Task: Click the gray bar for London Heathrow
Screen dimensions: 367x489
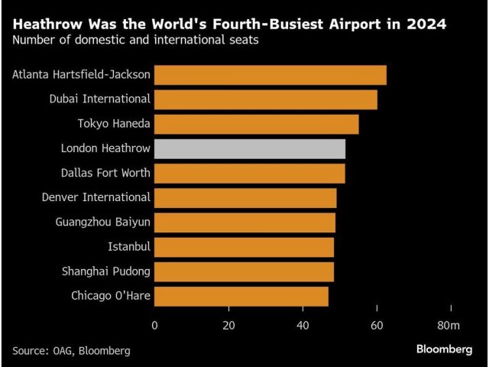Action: [x=250, y=148]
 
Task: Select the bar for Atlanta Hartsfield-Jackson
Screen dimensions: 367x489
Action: [x=270, y=75]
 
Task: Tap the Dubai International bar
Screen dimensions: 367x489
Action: [x=266, y=99]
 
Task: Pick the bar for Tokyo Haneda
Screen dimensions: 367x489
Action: [x=257, y=124]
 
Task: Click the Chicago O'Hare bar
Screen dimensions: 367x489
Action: [x=241, y=296]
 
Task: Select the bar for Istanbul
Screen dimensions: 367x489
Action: [x=244, y=247]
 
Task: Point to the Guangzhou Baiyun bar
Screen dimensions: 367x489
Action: [x=245, y=222]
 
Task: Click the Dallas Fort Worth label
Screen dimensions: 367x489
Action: [x=105, y=173]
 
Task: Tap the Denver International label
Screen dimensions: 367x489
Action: [x=96, y=197]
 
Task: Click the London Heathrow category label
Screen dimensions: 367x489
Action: [x=105, y=148]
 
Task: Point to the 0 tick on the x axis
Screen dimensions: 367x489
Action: [x=155, y=326]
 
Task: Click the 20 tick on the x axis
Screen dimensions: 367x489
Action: [x=228, y=326]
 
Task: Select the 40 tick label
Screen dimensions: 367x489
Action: [x=303, y=326]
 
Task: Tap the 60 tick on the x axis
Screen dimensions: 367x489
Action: [x=377, y=326]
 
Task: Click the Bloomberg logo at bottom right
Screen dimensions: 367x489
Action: [x=444, y=349]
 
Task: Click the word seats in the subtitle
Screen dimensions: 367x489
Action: [x=241, y=40]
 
